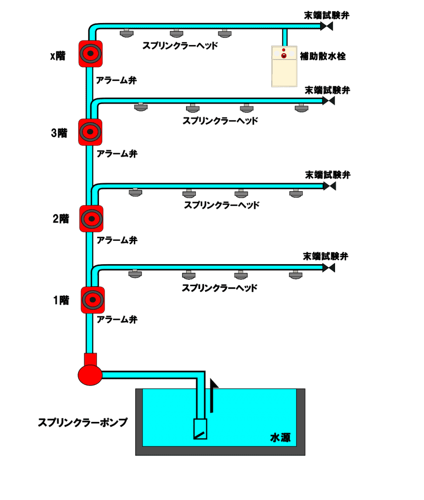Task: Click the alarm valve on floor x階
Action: tap(90, 53)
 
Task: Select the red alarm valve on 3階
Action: tap(90, 132)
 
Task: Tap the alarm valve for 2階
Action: tap(90, 218)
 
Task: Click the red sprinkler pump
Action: tap(90, 372)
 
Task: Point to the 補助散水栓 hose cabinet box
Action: tap(284, 66)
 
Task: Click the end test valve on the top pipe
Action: tap(326, 26)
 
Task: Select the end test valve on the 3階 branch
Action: tap(328, 101)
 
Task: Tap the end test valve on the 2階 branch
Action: tap(330, 186)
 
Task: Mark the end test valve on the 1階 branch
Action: tap(328, 267)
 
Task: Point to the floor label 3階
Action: tap(59, 133)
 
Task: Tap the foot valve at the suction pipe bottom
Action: tap(200, 429)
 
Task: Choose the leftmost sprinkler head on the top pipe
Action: tap(127, 33)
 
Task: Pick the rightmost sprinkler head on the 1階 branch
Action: tap(296, 274)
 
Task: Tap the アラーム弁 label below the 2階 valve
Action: tap(117, 240)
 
